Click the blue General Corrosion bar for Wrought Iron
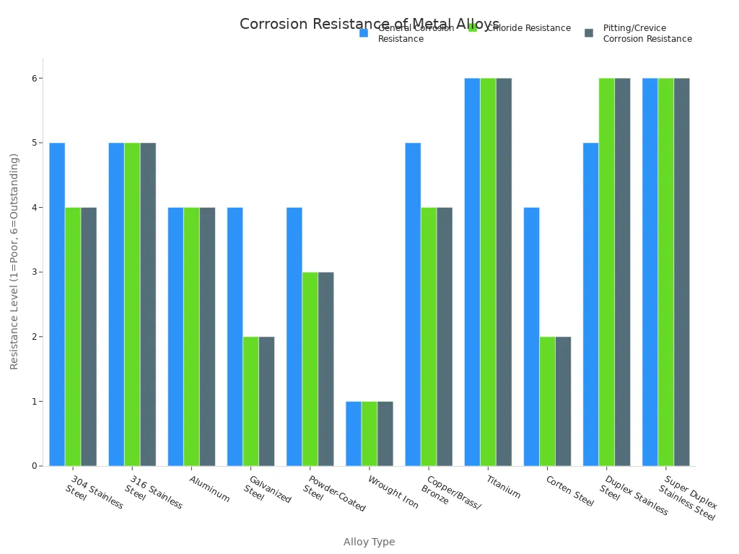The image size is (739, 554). pos(354,434)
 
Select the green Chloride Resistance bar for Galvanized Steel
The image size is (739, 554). pos(250,401)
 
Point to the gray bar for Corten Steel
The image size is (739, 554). pos(563,401)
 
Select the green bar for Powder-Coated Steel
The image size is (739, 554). pos(310,369)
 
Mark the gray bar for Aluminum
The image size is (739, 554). pos(207,336)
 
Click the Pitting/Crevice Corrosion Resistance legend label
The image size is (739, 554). pos(647,34)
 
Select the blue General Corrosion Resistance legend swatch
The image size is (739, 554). pos(364,32)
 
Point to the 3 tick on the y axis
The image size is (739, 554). pos(34,272)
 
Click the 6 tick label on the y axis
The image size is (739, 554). pos(34,78)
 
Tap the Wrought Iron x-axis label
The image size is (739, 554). pos(393,492)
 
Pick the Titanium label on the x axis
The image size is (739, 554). pos(503,487)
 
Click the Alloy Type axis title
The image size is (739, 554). pos(369,542)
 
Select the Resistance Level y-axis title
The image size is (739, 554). pos(14,261)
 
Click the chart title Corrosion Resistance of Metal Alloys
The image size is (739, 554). pos(369,24)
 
